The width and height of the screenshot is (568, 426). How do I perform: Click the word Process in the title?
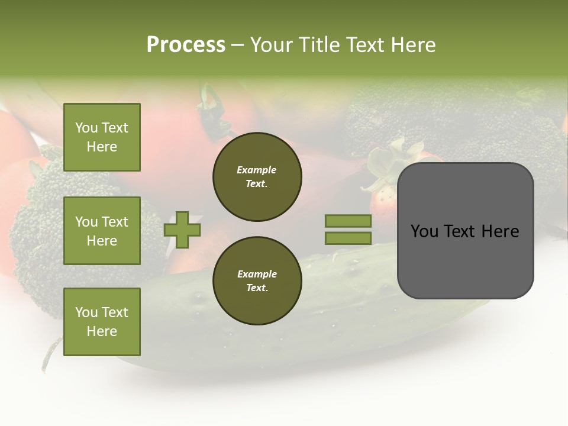pyautogui.click(x=186, y=45)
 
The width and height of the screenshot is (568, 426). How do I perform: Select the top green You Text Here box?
pyautogui.click(x=102, y=137)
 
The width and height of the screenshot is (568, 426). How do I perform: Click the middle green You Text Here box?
pyautogui.click(x=102, y=231)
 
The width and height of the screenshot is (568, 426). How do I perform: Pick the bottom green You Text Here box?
pyautogui.click(x=102, y=322)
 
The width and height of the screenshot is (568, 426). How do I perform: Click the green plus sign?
pyautogui.click(x=182, y=230)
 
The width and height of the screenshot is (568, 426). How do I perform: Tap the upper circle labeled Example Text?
pyautogui.click(x=257, y=177)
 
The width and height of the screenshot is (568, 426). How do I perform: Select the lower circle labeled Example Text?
pyautogui.click(x=257, y=281)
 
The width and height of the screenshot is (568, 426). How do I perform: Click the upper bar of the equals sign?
pyautogui.click(x=348, y=221)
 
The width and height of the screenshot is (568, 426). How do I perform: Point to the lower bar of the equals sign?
pyautogui.click(x=348, y=238)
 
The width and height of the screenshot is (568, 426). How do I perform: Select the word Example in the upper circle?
pyautogui.click(x=256, y=170)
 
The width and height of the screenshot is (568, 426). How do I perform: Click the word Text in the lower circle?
pyautogui.click(x=257, y=288)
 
